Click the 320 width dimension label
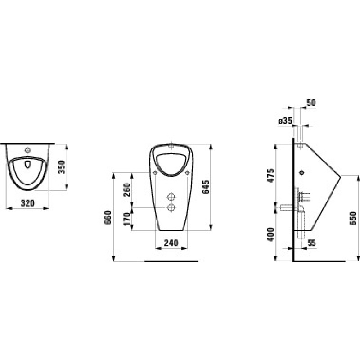tap(27, 203)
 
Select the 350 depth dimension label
tap(62, 167)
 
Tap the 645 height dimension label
tap(206, 187)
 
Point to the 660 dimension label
tap(108, 217)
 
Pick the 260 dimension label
tap(127, 190)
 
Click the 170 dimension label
tap(127, 219)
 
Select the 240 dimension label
tap(171, 243)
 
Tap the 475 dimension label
tap(270, 175)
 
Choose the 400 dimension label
tap(270, 234)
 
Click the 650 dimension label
tap(353, 218)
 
